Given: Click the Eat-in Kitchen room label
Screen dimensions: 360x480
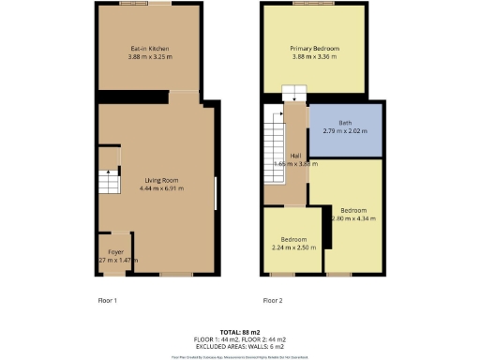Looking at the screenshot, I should [x=149, y=48].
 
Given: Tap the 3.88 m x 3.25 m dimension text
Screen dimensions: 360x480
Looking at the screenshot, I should [x=149, y=57].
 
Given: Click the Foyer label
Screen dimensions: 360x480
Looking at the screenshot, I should [x=115, y=252].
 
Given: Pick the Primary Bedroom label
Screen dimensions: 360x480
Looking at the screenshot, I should [x=314, y=48].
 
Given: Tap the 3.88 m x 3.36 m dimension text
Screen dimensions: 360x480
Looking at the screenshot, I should [x=314, y=57].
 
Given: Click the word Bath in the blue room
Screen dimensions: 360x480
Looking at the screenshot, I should [x=345, y=122].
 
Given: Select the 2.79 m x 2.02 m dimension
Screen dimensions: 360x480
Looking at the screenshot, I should [x=345, y=131].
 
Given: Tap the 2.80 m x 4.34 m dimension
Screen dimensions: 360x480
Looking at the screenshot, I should [x=353, y=219].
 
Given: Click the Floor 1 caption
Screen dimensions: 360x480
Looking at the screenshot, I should [x=108, y=300].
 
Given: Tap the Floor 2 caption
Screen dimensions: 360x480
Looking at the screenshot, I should [x=273, y=300].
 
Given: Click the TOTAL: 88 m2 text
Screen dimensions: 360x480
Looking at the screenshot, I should [x=240, y=332].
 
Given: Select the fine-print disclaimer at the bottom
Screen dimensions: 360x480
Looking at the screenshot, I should [x=240, y=356].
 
